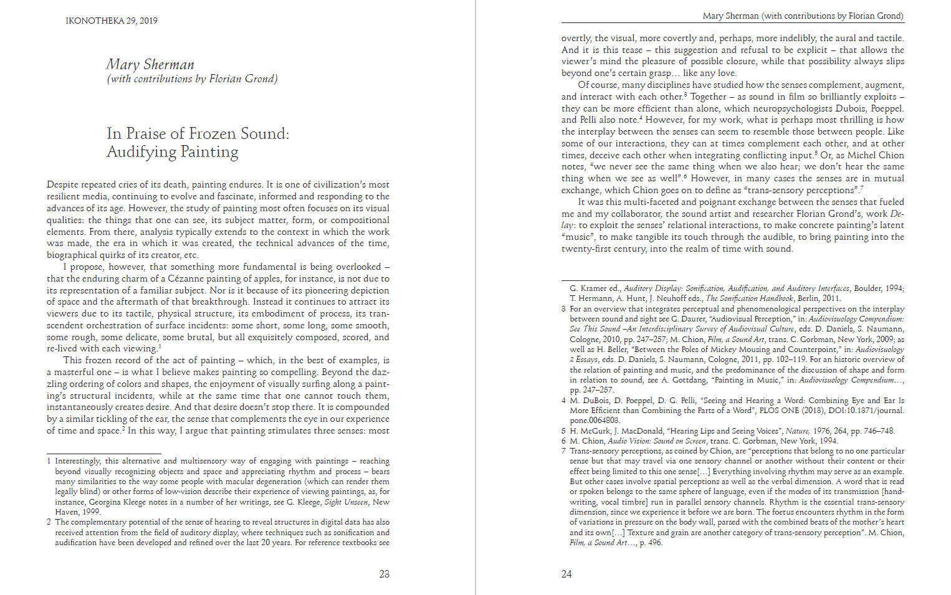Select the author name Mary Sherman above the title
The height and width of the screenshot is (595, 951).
(150, 65)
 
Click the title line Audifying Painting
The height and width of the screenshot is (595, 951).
(173, 152)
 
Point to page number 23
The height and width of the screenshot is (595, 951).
(384, 574)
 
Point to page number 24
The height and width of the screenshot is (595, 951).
(566, 574)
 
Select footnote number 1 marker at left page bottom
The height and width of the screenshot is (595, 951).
(49, 461)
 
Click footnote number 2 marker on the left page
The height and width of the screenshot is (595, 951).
(49, 522)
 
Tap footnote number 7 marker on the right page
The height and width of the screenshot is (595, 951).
(563, 451)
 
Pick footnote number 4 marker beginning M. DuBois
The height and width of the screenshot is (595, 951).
(563, 401)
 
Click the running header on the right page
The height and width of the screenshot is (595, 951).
(803, 16)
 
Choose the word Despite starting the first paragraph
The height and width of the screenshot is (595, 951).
(64, 184)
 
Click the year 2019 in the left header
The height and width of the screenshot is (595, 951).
(148, 21)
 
